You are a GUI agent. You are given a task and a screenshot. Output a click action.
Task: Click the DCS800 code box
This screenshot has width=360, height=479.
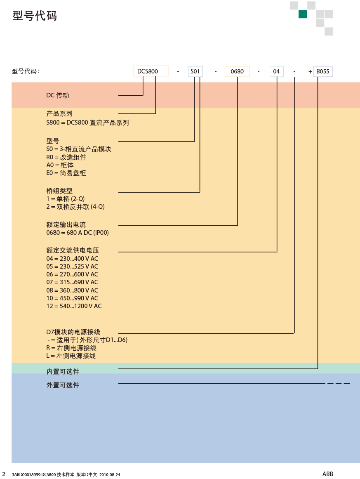(151, 71)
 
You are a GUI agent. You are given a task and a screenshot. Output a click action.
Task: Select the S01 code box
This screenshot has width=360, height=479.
(195, 71)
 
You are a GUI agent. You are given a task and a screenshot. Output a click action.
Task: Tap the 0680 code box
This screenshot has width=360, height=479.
(237, 71)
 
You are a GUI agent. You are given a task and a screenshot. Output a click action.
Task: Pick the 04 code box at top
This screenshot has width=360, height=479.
(277, 71)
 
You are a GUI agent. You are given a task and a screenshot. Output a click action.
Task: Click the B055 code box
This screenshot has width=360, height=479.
(323, 71)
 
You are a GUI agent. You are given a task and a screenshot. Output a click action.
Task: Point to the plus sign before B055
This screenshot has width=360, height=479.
(310, 71)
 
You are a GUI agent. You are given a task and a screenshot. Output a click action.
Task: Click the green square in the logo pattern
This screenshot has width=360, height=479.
(303, 14)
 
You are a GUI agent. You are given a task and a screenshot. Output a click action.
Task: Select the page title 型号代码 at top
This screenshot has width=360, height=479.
(35, 16)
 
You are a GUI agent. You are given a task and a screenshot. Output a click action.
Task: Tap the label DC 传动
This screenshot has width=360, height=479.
(58, 95)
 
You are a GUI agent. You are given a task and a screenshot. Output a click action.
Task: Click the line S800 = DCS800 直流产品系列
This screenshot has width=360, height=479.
(87, 123)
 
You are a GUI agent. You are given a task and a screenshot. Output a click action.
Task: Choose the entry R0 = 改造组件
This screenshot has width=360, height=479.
(66, 157)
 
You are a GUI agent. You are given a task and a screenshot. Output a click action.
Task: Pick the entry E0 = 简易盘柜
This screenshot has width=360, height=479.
(66, 173)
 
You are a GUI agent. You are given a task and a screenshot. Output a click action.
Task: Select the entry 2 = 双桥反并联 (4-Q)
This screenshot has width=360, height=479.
(75, 207)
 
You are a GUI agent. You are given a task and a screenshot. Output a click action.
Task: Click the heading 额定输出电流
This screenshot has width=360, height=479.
(66, 225)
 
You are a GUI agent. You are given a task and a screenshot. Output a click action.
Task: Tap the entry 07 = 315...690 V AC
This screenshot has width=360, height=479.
(73, 282)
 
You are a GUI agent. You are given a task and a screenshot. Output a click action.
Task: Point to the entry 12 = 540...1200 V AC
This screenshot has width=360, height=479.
(74, 306)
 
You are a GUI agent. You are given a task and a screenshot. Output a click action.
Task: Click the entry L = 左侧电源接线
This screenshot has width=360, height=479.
(71, 356)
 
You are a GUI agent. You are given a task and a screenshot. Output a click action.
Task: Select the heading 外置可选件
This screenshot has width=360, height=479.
(63, 385)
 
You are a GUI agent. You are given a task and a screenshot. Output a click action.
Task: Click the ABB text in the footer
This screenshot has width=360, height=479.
(328, 474)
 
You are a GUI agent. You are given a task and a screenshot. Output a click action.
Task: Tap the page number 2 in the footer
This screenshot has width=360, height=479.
(4, 474)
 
